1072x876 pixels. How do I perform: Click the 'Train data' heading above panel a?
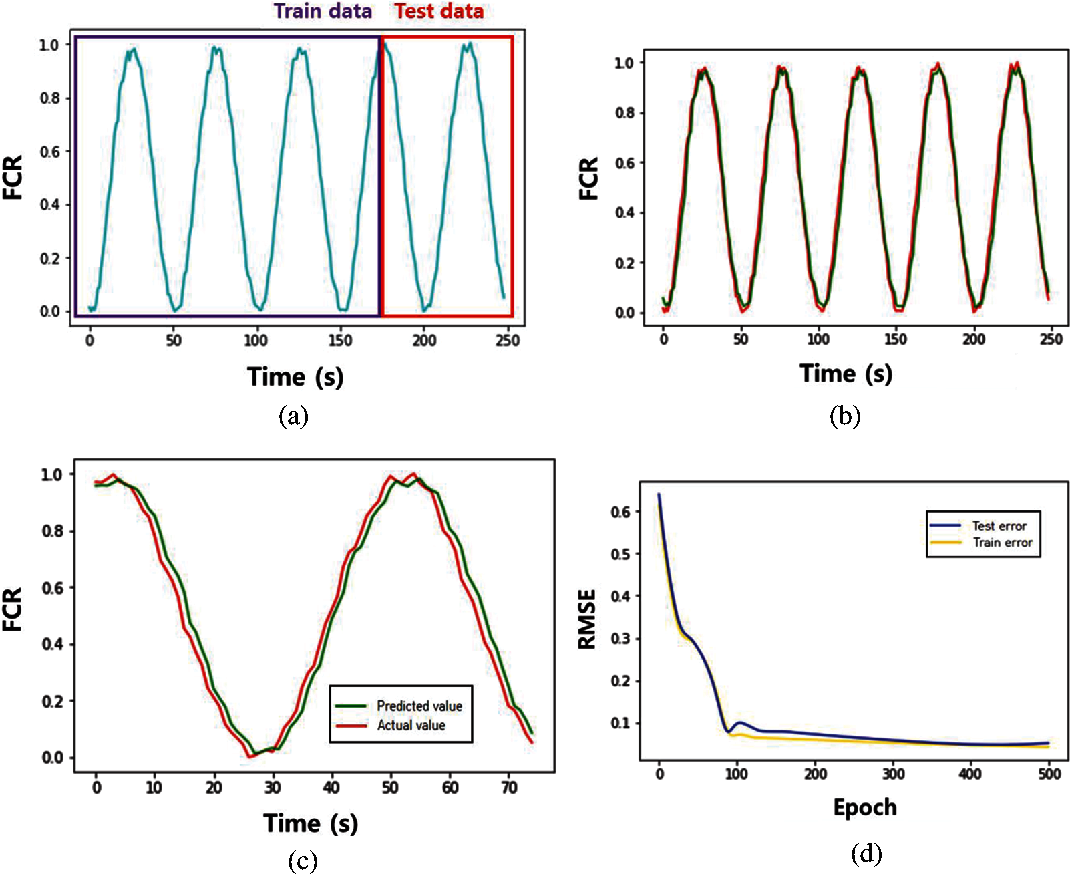[x=323, y=11]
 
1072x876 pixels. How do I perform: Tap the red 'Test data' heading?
[x=439, y=11]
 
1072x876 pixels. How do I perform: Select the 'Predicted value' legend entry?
[x=419, y=706]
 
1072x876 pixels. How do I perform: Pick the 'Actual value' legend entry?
[x=411, y=725]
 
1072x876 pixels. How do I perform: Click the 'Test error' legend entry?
[x=999, y=526]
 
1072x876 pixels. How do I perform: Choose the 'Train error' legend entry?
[x=1003, y=543]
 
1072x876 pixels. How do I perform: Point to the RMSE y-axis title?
[x=587, y=620]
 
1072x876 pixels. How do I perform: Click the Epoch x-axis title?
[x=865, y=808]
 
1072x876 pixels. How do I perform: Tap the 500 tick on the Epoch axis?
[x=1049, y=773]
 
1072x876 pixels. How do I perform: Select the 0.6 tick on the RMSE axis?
[x=620, y=512]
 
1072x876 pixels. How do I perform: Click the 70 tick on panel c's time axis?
[x=509, y=787]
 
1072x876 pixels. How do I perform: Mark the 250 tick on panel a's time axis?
[x=507, y=340]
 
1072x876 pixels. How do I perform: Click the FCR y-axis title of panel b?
[x=588, y=179]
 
